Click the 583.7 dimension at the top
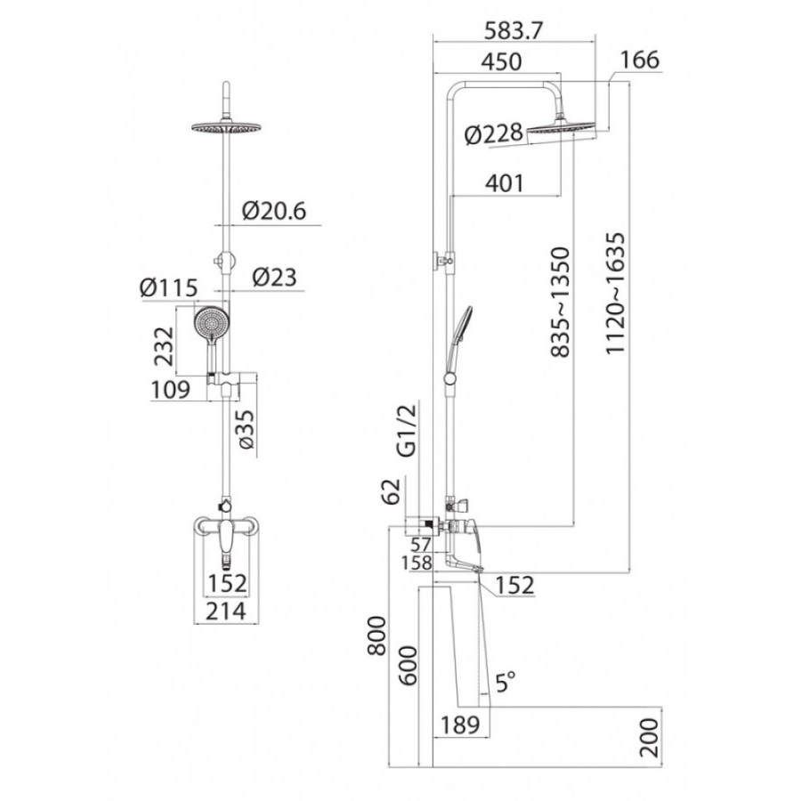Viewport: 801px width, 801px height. [x=513, y=32]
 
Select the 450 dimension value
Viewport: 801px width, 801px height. [x=502, y=61]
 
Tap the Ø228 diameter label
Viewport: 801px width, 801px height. [x=494, y=134]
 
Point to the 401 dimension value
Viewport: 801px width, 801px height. [x=505, y=183]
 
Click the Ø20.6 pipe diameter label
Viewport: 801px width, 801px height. [x=274, y=210]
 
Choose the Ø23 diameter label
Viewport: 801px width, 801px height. [x=274, y=278]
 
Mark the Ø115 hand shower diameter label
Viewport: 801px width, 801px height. [x=168, y=287]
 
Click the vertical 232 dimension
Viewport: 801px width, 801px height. [x=165, y=346]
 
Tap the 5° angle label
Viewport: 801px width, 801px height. [x=506, y=682]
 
